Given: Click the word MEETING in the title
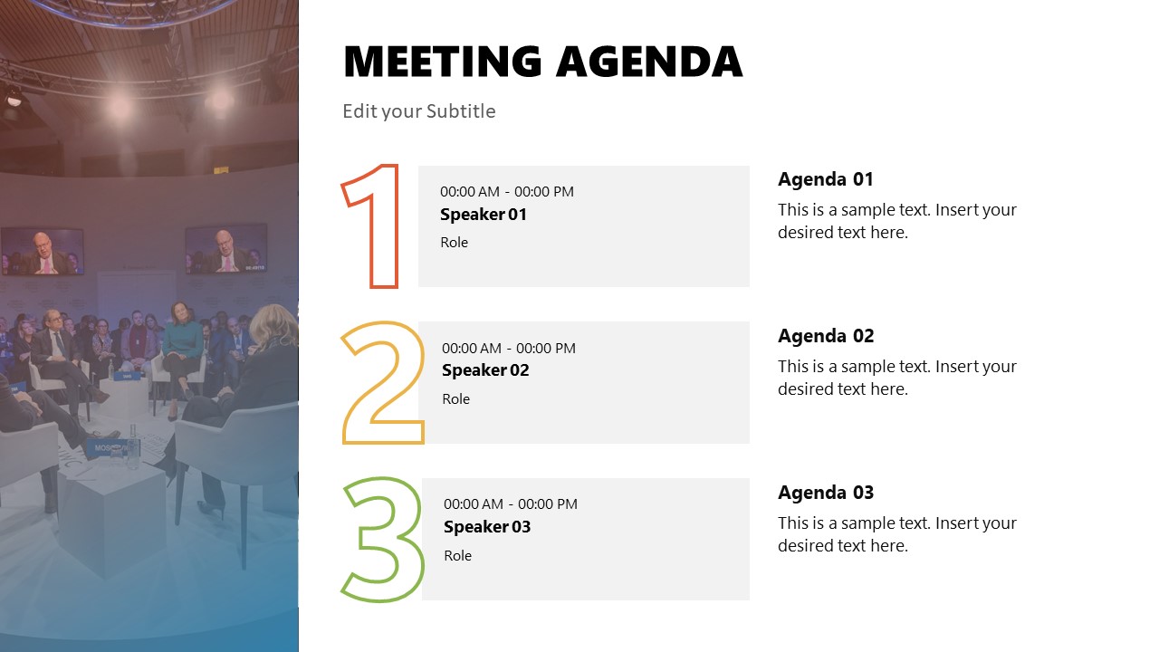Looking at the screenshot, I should (442, 62).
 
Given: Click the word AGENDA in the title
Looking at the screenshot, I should (649, 62).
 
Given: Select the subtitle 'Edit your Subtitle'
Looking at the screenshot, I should (419, 111).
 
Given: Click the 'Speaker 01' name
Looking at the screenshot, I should (484, 215).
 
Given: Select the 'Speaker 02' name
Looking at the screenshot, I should (485, 370).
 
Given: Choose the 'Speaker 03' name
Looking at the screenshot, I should (487, 527).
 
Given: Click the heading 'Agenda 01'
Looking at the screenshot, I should (826, 179).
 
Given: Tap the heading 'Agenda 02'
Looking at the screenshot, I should (826, 336).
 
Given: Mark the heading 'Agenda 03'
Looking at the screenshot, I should (826, 493).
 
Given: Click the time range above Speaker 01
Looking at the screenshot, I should (507, 192).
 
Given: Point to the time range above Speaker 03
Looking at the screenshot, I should (511, 504).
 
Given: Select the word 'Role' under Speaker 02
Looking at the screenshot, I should (456, 399).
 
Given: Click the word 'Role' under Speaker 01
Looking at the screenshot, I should (455, 243).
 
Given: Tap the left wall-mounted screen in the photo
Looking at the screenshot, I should (43, 251).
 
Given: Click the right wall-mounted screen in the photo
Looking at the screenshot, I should (225, 248).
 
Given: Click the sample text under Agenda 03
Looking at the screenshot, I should (897, 534).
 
